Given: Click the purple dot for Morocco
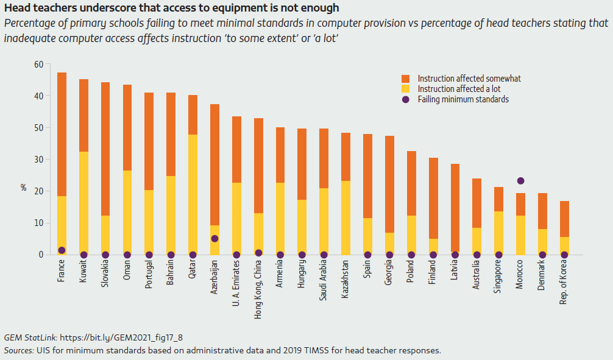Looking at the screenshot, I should point(520,181).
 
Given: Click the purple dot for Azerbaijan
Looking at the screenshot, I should point(214,239).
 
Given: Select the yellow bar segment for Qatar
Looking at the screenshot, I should point(193,194).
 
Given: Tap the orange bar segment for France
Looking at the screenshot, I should point(62,134).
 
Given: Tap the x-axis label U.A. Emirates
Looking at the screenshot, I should point(237,283).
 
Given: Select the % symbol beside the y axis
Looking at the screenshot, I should point(23,188).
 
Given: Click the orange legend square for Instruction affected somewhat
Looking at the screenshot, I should point(405,79).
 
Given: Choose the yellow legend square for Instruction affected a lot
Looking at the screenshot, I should point(405,89).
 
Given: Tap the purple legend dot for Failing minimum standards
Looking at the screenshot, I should point(405,99).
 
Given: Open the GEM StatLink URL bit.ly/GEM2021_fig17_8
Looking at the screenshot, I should point(121,337).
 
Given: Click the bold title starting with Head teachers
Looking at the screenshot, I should point(171,8).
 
